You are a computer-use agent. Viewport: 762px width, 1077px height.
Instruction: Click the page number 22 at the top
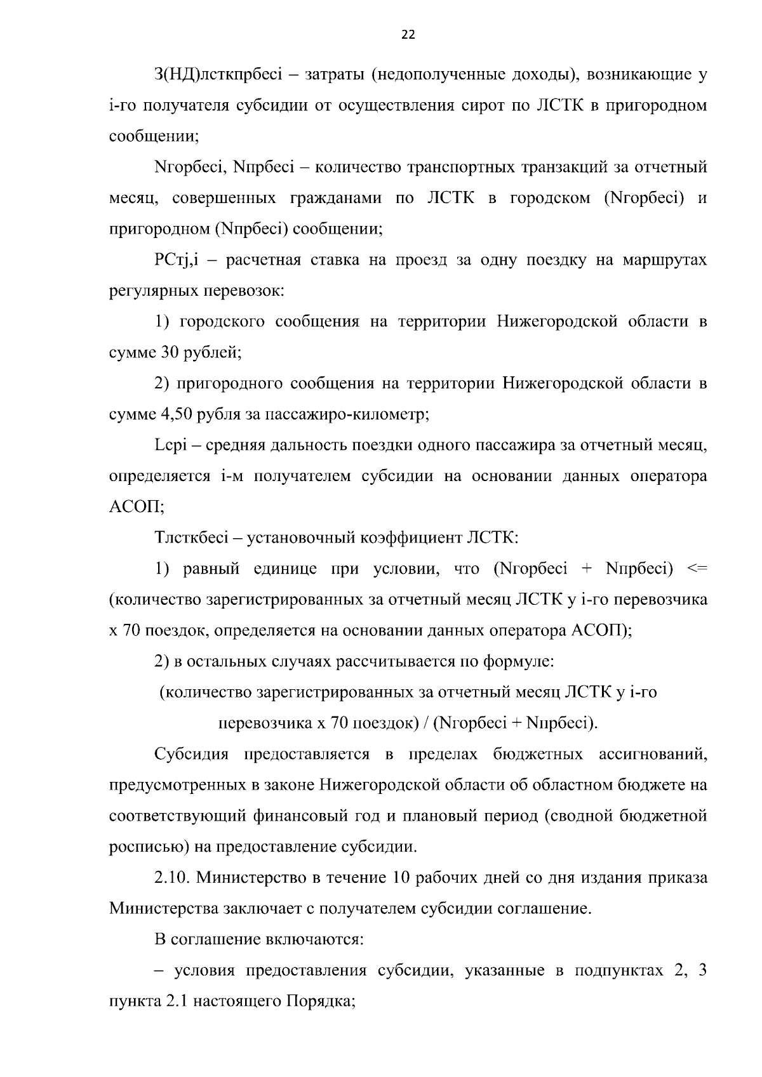(408, 35)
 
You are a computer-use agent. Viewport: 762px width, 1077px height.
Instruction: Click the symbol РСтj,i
(178, 260)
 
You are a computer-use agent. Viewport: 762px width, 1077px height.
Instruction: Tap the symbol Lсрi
(168, 446)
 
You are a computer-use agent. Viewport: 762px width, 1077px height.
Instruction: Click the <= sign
(697, 569)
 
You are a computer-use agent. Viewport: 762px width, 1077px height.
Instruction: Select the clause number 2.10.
(171, 878)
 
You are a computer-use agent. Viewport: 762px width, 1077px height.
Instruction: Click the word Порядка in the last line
(321, 1001)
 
